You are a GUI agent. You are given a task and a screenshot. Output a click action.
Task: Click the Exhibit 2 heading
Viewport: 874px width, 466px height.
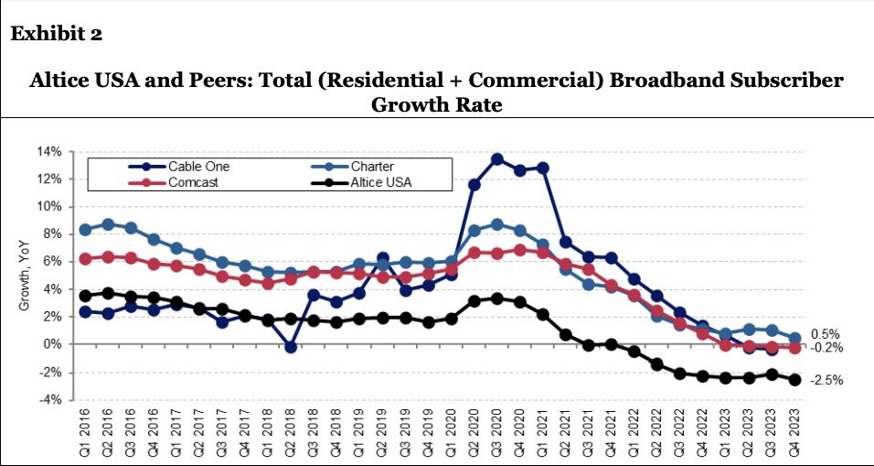coord(56,34)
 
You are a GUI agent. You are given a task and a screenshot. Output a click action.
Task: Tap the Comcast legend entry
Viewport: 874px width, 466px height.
coord(193,182)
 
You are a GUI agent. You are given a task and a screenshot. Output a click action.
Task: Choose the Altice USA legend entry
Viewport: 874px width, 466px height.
coord(375,182)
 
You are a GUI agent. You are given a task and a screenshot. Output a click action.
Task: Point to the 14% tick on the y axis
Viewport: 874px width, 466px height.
coord(49,151)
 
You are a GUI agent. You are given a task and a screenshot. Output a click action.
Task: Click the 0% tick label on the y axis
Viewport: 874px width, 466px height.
coord(52,344)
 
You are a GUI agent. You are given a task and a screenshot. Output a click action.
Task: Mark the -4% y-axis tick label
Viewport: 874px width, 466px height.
coord(51,400)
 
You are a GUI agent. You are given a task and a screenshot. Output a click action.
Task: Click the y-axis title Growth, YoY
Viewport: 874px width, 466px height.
coord(26,276)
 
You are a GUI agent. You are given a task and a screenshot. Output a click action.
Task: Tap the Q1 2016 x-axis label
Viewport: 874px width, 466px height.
coord(85,430)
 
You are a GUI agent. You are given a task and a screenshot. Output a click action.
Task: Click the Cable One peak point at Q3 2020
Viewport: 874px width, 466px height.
coord(497,158)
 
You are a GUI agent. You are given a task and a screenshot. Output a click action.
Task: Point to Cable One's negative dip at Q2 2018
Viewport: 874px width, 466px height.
coord(291,347)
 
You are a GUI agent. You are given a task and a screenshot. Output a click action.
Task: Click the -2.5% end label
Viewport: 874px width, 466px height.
coord(826,380)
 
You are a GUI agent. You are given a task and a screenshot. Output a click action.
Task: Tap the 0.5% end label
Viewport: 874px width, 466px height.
coord(826,334)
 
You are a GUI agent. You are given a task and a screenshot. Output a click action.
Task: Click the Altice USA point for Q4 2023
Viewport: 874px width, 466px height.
coord(794,380)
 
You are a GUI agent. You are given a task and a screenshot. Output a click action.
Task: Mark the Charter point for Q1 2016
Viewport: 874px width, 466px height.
coord(85,230)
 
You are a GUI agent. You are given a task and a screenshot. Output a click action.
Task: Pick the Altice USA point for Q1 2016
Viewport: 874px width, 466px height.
coord(85,296)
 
